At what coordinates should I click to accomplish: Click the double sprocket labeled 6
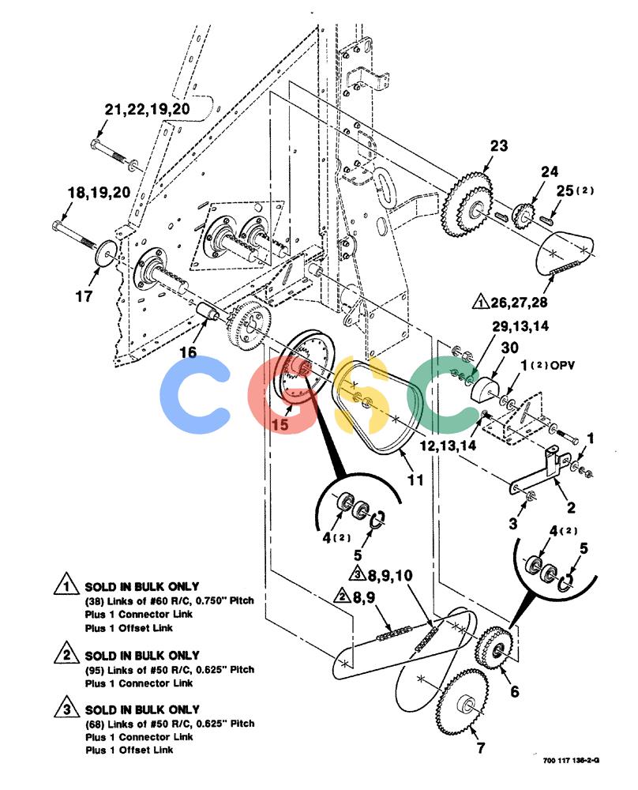coord(494,648)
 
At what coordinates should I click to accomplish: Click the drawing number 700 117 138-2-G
coord(571,761)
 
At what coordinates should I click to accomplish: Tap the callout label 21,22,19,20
coord(147,109)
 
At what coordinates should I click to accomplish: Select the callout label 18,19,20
coord(99,192)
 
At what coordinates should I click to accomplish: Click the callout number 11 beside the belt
coord(415,480)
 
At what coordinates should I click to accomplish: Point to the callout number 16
coord(188,352)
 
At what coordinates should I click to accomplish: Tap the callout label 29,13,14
coord(520,326)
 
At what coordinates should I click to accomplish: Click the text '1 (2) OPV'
coord(547,365)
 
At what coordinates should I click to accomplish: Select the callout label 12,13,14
coord(448,446)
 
